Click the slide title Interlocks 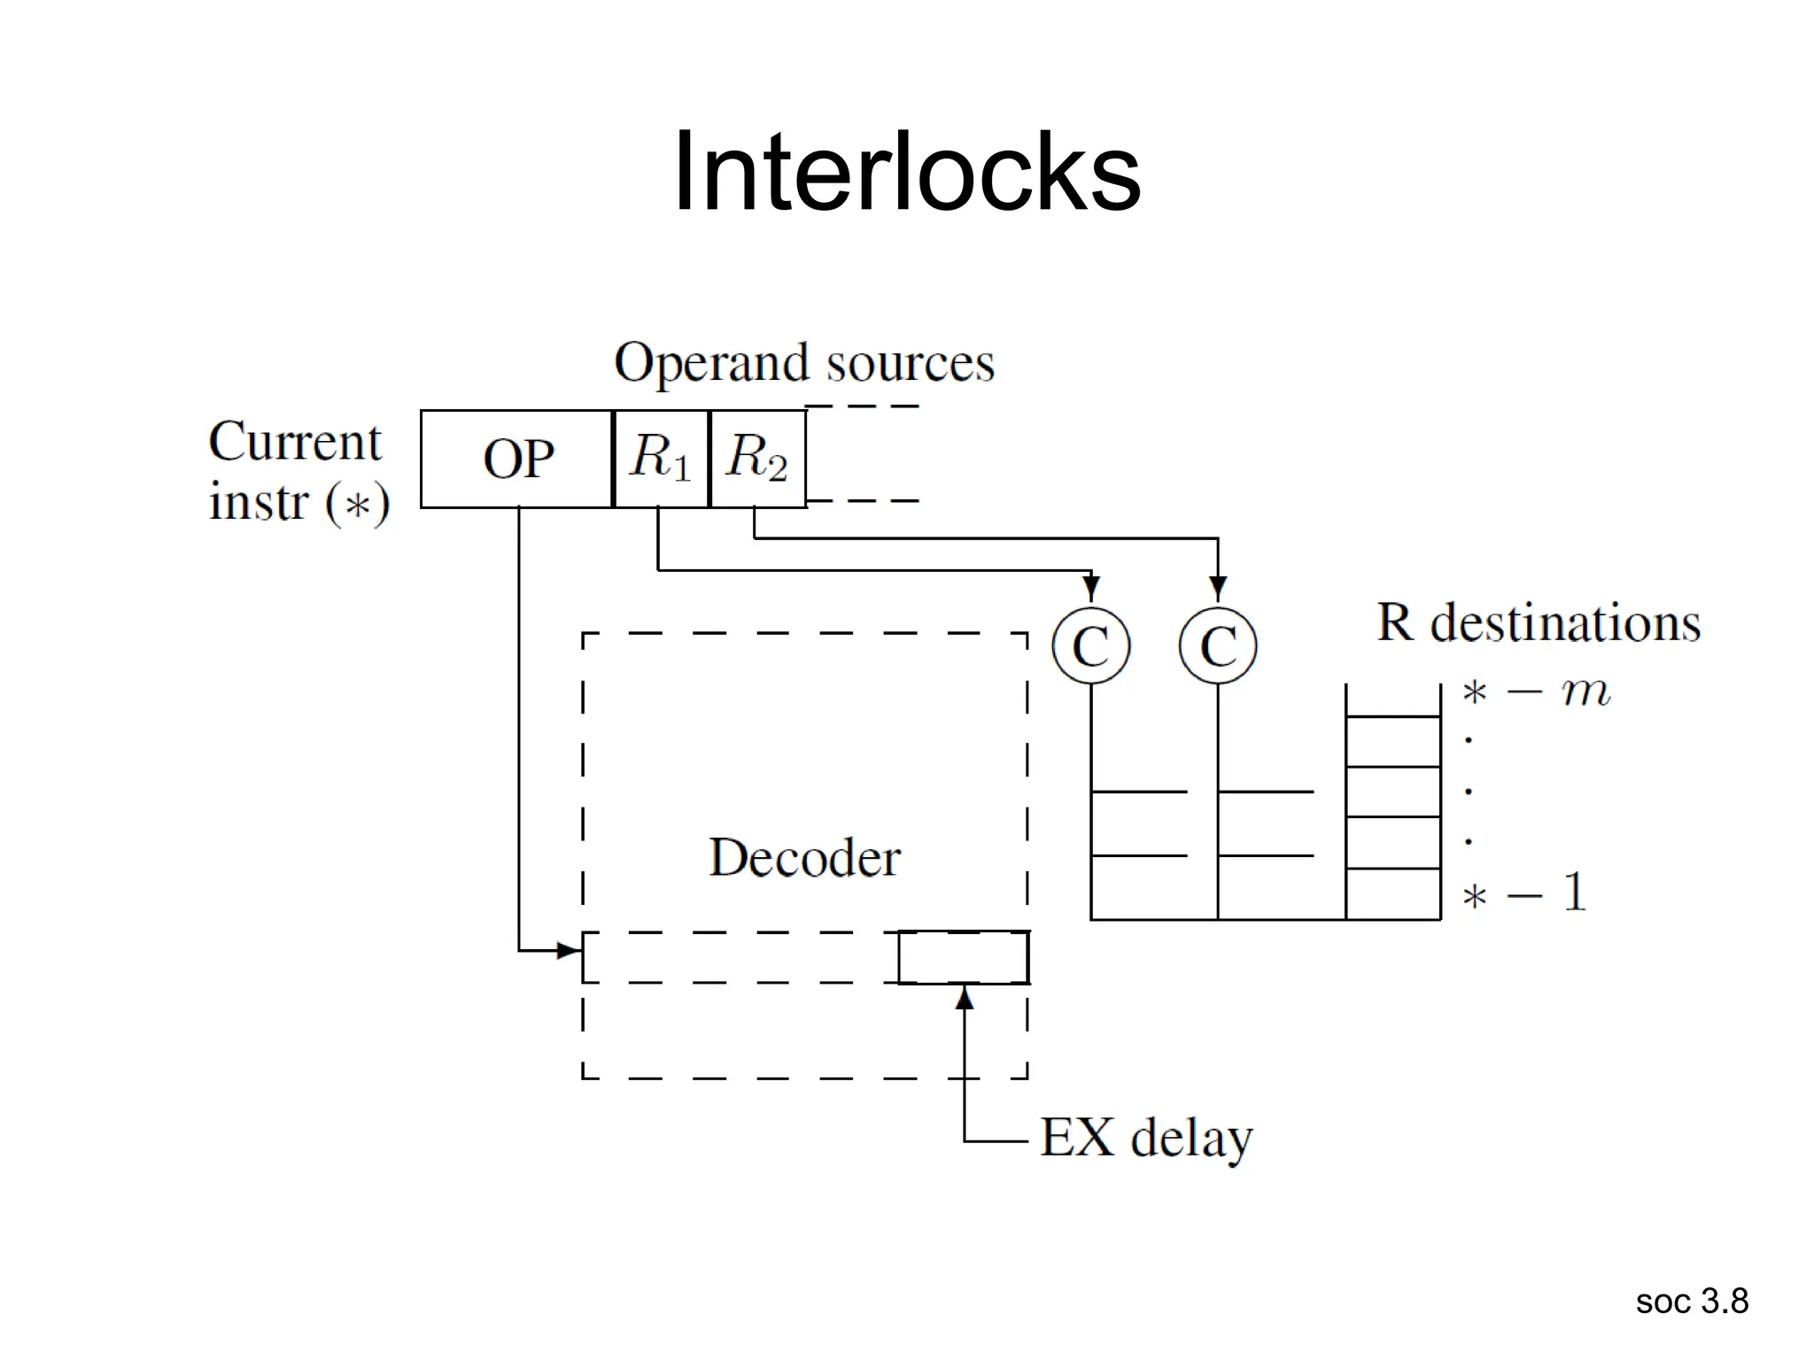click(x=906, y=172)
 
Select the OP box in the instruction click(x=517, y=459)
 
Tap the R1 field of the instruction click(x=661, y=459)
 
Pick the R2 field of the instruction click(x=757, y=459)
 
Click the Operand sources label click(x=804, y=363)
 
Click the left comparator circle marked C click(x=1091, y=645)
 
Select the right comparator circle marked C click(x=1218, y=645)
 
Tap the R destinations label click(x=1539, y=622)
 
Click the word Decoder click(x=804, y=857)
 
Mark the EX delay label click(x=1146, y=1138)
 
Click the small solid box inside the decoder click(x=964, y=957)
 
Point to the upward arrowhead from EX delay click(x=965, y=998)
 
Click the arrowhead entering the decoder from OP click(x=569, y=951)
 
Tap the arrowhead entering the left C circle click(x=1091, y=588)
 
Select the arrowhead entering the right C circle click(x=1218, y=588)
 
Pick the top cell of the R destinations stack click(x=1393, y=700)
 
